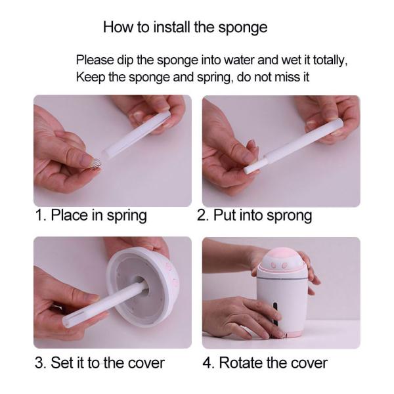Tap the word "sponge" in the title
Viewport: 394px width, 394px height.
pos(243,28)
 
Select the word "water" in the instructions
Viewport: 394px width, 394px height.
pos(239,60)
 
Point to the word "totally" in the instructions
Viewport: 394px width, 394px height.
pos(330,61)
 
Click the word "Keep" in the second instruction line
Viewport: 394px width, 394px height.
pos(91,77)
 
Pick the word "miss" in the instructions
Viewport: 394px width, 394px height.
pos(285,77)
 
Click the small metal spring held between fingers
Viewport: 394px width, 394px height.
pos(95,164)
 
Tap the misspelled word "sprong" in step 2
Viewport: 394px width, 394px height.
pos(289,216)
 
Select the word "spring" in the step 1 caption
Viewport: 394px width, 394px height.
pos(127,216)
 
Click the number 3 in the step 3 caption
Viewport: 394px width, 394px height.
pos(39,363)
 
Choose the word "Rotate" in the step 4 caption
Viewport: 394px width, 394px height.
pos(242,363)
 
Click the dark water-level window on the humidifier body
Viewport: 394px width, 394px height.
pos(275,314)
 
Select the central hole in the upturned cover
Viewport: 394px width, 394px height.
pos(141,286)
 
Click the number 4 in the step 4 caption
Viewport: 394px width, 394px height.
pos(208,363)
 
